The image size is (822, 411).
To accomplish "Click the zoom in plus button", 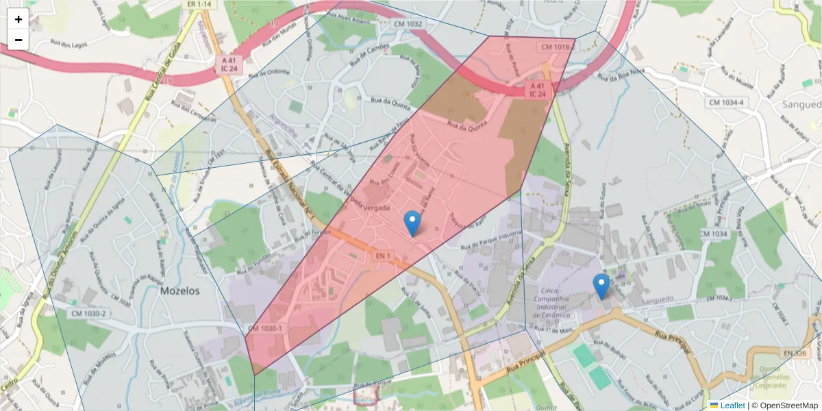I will [x=18, y=19].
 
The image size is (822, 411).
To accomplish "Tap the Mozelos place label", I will [x=179, y=290].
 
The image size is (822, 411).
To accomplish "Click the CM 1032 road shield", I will [x=408, y=24].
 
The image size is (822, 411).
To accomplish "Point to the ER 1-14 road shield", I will [x=199, y=4].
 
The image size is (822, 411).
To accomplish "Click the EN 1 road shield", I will [x=384, y=256].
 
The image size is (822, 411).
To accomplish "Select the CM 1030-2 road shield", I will [x=88, y=314].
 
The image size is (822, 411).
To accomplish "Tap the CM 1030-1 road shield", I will [x=265, y=329].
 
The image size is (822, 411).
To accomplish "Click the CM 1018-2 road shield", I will [x=556, y=47].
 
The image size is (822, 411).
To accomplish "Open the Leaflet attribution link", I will [x=732, y=406].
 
